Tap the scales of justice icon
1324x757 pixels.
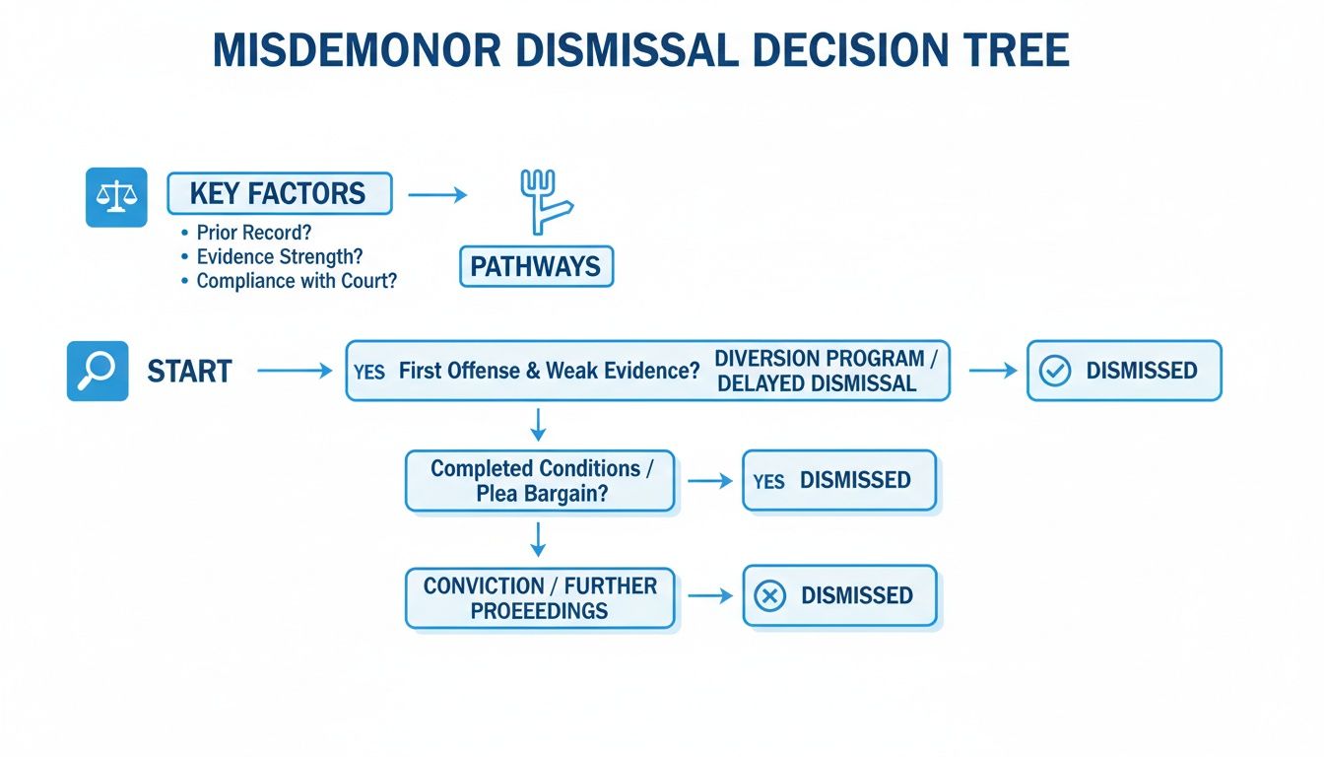(116, 197)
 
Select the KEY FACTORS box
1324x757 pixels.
(279, 193)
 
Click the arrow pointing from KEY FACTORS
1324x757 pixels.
(436, 195)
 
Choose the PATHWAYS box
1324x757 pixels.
(536, 267)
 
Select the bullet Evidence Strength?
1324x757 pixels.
(279, 257)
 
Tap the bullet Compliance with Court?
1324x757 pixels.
(295, 281)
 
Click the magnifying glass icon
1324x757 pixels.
(98, 371)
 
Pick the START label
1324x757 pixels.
(189, 372)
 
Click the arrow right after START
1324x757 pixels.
(296, 371)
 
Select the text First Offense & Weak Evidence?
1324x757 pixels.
(549, 372)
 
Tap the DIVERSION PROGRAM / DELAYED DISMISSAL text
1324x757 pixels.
(819, 372)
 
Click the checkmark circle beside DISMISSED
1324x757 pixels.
(1055, 372)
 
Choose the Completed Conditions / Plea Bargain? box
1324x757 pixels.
(540, 481)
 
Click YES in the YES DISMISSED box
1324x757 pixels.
(768, 481)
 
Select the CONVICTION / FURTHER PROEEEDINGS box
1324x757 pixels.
(540, 597)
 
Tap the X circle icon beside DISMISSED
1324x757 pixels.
(769, 595)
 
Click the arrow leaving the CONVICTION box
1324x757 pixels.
(709, 595)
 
